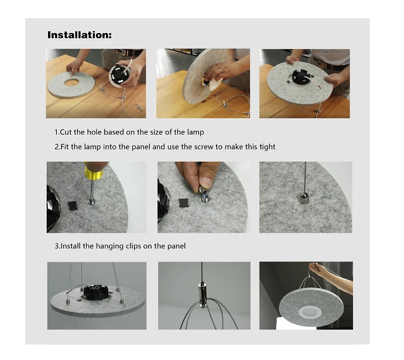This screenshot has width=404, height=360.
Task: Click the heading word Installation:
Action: (x=80, y=35)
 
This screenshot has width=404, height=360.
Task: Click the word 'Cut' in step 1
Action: (x=66, y=132)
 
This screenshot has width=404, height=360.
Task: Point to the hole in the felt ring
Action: (x=71, y=83)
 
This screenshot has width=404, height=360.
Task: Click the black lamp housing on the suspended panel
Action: (x=95, y=292)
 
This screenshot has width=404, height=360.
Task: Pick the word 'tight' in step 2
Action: (x=267, y=147)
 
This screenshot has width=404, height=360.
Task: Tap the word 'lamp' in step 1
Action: (x=196, y=132)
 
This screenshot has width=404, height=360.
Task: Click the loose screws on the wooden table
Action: (x=139, y=107)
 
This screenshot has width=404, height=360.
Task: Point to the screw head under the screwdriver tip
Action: (x=91, y=201)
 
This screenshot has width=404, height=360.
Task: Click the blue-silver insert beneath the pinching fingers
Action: (x=205, y=198)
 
